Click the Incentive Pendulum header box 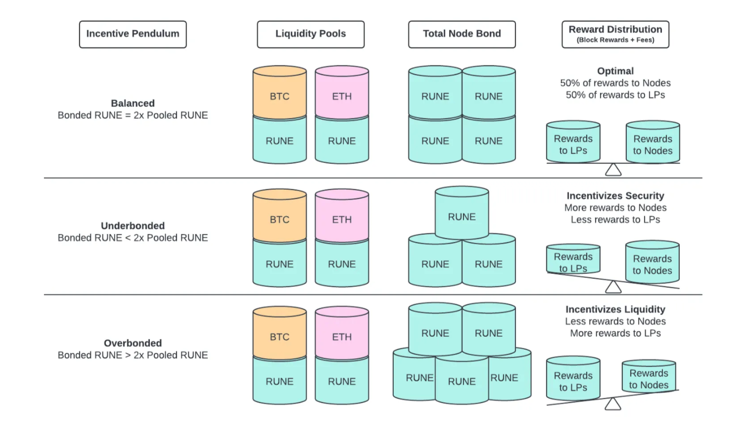click(x=133, y=34)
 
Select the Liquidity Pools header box click(x=311, y=34)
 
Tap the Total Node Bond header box click(x=462, y=34)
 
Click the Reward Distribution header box click(x=615, y=34)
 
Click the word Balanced click(x=133, y=103)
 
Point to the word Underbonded click(x=133, y=226)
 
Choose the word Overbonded click(x=133, y=343)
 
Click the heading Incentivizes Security click(x=615, y=196)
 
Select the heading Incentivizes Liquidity click(x=615, y=310)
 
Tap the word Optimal click(x=615, y=71)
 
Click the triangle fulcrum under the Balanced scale click(x=613, y=170)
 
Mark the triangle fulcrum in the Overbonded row click(x=612, y=404)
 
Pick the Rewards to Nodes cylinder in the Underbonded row click(x=652, y=263)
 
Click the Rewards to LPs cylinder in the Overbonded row click(x=573, y=379)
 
